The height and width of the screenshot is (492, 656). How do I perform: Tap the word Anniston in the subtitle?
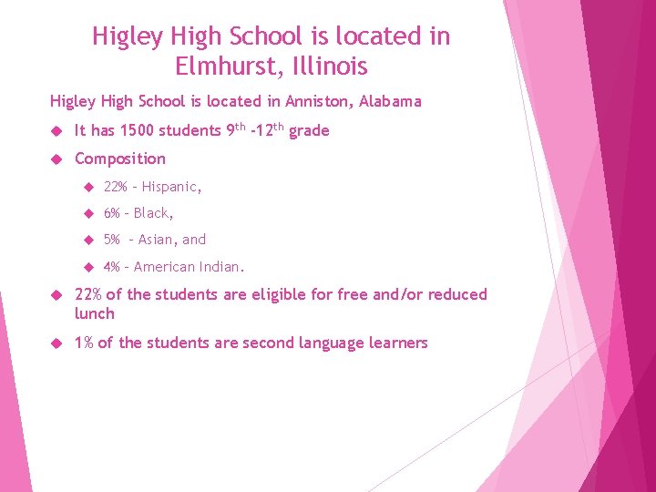pyautogui.click(x=311, y=101)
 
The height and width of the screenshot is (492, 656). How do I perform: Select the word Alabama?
pyautogui.click(x=390, y=101)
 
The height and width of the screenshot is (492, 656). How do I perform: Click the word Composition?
pyautogui.click(x=120, y=159)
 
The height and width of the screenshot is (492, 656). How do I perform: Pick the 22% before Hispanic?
pyautogui.click(x=116, y=187)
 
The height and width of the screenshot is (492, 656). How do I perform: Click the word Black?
pyautogui.click(x=153, y=213)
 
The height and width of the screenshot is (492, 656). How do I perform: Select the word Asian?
pyautogui.click(x=157, y=240)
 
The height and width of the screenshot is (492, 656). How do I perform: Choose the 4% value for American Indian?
pyautogui.click(x=112, y=267)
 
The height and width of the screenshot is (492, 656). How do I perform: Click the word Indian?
pyautogui.click(x=220, y=267)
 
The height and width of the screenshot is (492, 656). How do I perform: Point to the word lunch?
pyautogui.click(x=95, y=313)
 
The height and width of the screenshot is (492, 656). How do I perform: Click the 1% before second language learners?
pyautogui.click(x=82, y=343)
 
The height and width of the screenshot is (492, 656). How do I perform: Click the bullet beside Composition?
pyautogui.click(x=55, y=159)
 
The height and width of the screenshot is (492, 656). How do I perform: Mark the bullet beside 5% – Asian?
pyautogui.click(x=88, y=241)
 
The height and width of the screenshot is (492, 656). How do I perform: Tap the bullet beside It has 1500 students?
pyautogui.click(x=55, y=131)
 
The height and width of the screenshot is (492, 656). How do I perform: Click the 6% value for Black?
pyautogui.click(x=112, y=213)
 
